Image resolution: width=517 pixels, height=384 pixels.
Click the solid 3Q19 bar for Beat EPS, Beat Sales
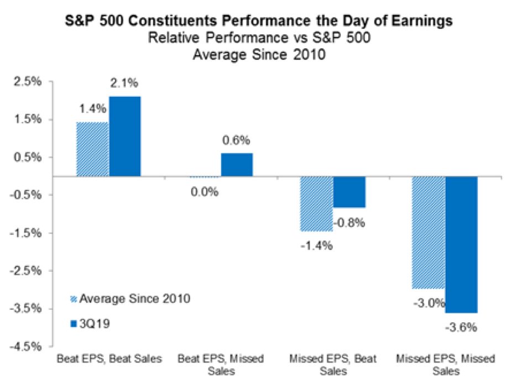124,136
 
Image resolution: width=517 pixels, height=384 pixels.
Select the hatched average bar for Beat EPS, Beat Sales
92,149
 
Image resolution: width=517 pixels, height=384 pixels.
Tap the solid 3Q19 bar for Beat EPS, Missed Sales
237,165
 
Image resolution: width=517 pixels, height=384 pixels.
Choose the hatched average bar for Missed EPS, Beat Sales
316,204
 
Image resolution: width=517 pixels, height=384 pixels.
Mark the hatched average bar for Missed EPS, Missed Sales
429,233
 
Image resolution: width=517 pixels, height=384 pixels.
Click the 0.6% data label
237,141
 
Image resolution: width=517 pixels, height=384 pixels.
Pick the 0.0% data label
205,192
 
